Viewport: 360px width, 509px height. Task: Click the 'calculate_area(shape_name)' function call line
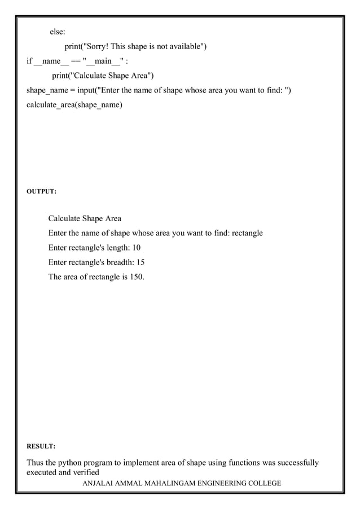coord(74,106)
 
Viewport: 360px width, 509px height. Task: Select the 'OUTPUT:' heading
coord(41,192)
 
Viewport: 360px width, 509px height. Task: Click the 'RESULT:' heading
coord(41,446)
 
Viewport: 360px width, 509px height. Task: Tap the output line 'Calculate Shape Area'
coord(85,218)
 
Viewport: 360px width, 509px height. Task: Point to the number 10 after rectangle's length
coord(136,248)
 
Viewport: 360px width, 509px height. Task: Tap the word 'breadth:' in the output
coord(118,262)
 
